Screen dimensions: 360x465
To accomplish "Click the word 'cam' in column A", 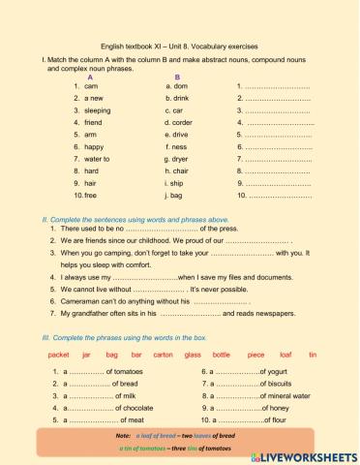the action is click(92, 87).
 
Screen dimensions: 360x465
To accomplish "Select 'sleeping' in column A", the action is click(99, 111).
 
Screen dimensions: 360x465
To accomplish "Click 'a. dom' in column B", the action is click(179, 87).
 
